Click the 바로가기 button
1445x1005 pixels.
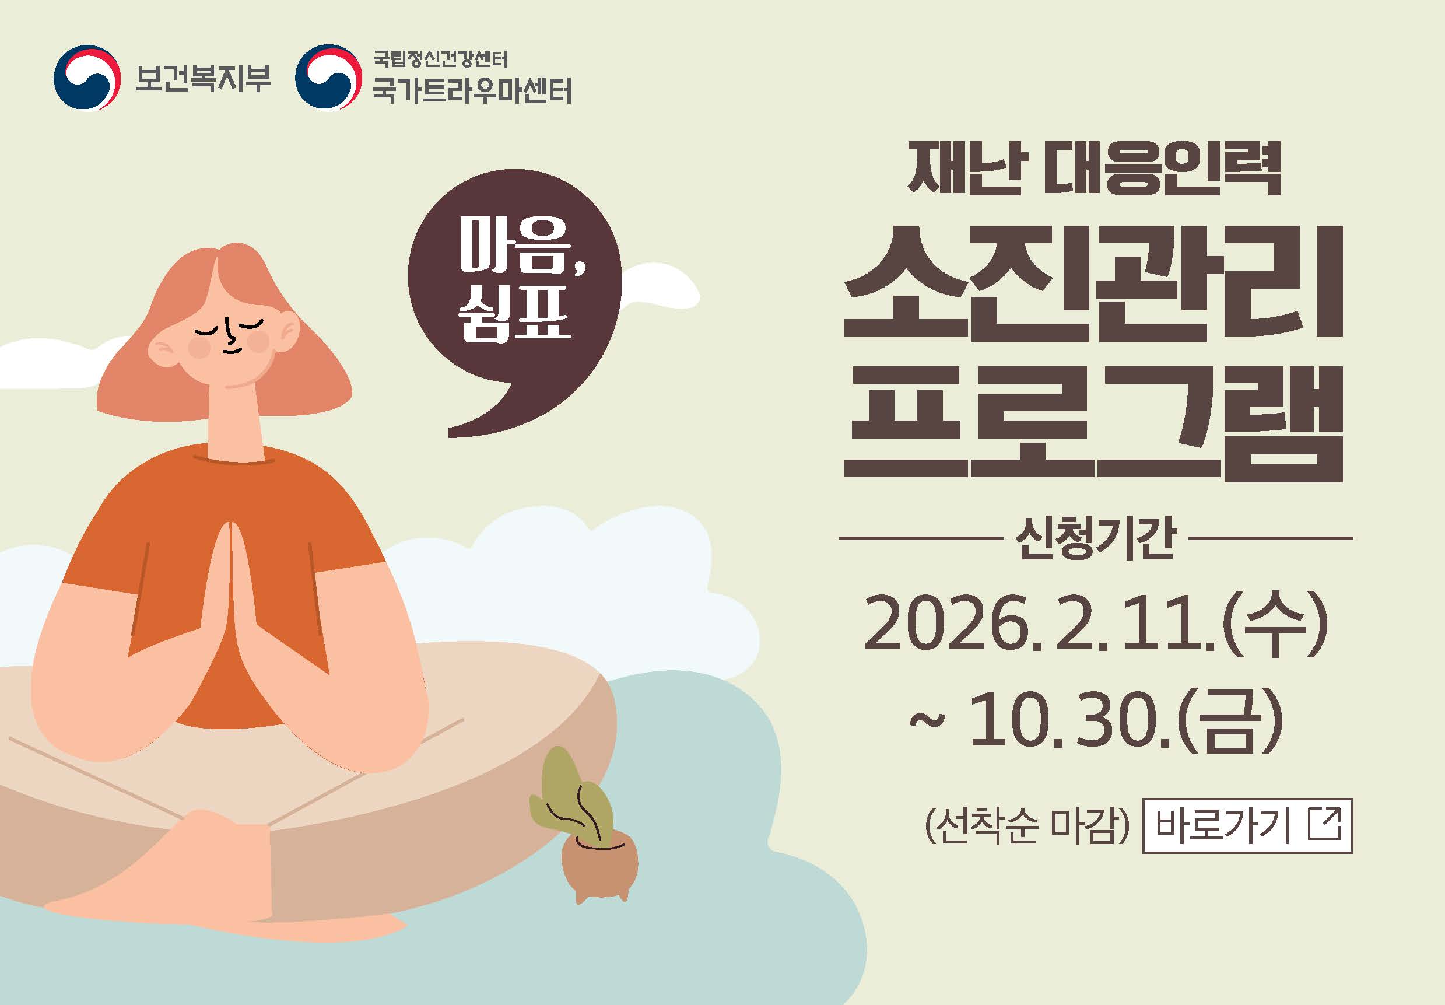coord(1247,825)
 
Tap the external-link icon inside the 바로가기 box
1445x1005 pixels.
coord(1324,824)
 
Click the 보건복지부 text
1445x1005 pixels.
coord(203,78)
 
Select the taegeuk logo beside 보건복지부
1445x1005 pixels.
coord(86,78)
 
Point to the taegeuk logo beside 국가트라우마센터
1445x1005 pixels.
coord(328,78)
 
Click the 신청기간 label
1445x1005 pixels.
coord(1095,539)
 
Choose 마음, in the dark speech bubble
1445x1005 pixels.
coord(522,247)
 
